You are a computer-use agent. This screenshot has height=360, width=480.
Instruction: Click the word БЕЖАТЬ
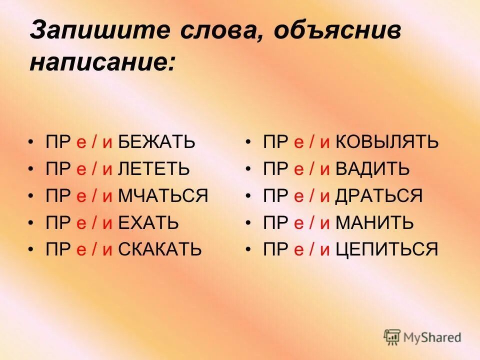tap(156, 142)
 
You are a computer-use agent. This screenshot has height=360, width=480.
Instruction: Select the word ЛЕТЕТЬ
tap(153, 169)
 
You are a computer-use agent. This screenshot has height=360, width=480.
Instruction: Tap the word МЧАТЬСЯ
tap(163, 195)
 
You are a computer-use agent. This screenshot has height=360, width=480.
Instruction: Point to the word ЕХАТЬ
tap(148, 222)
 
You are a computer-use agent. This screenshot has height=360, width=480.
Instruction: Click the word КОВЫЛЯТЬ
tap(387, 142)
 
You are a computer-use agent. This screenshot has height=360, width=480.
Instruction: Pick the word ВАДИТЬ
tap(372, 169)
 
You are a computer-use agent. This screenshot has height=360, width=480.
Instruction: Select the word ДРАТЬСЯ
tap(379, 195)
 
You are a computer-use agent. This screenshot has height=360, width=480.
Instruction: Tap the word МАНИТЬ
tap(374, 222)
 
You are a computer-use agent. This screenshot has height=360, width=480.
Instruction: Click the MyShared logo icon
tap(392, 336)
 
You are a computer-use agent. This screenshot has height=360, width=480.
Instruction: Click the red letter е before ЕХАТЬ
tap(81, 223)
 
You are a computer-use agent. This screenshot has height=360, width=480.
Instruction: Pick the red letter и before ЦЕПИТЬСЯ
tap(325, 249)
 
